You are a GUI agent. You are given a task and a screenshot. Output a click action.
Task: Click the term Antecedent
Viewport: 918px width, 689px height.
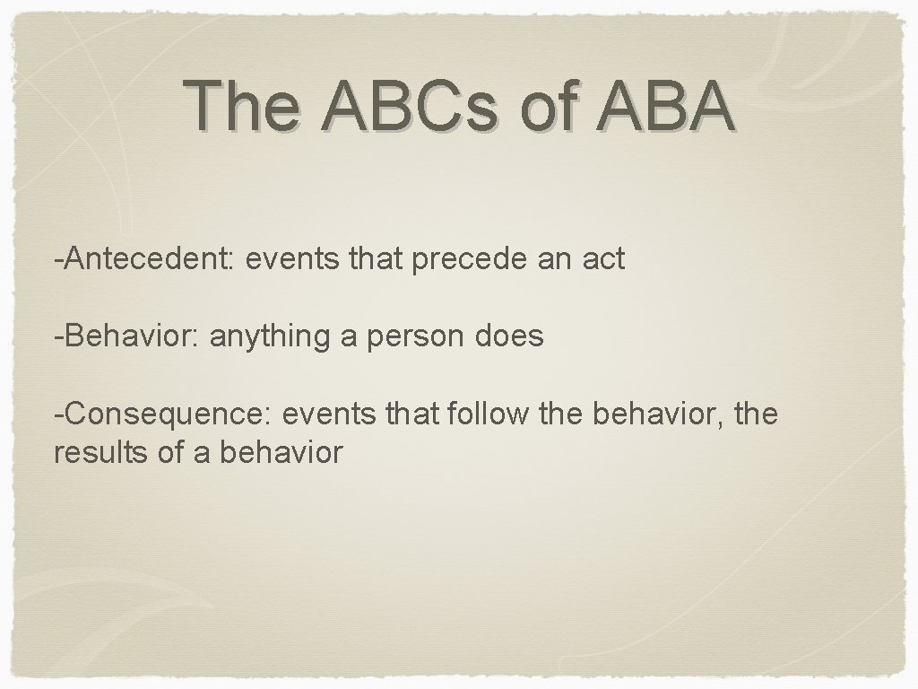(x=145, y=260)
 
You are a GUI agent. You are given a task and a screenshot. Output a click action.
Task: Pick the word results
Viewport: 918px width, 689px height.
(x=96, y=453)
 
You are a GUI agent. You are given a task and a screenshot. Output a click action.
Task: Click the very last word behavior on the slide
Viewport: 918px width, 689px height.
(x=281, y=453)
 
